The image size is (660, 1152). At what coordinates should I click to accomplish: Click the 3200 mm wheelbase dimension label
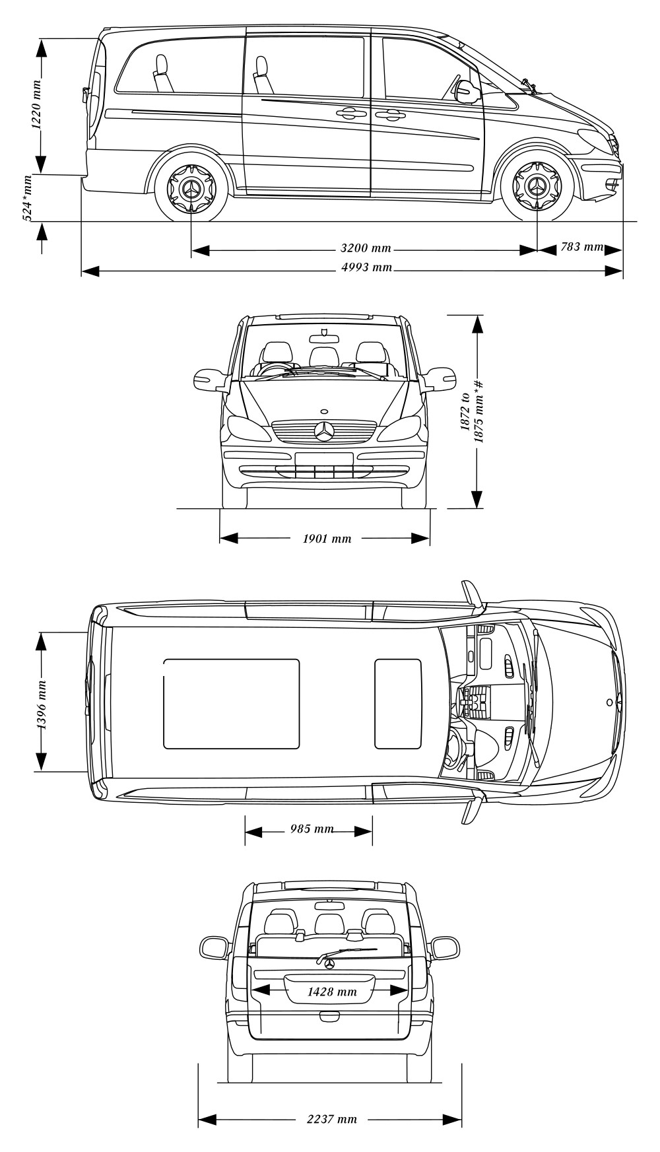(366, 249)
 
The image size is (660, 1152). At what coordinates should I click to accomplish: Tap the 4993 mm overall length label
(366, 267)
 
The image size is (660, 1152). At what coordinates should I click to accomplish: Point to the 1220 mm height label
(37, 104)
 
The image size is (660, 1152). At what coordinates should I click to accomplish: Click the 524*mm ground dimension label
(28, 198)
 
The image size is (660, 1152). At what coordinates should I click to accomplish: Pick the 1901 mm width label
(327, 539)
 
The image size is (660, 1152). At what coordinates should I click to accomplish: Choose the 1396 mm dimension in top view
(40, 704)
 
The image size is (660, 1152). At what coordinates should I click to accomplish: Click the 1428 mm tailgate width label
(332, 992)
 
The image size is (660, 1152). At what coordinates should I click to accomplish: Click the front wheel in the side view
(537, 187)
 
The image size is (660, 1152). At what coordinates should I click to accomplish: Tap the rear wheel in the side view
(191, 187)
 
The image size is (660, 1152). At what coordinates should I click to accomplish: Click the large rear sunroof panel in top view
(231, 704)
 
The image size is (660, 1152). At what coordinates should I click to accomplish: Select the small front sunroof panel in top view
(398, 704)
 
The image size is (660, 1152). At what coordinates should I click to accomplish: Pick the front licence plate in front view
(324, 459)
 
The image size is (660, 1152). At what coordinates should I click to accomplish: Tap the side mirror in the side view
(467, 92)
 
